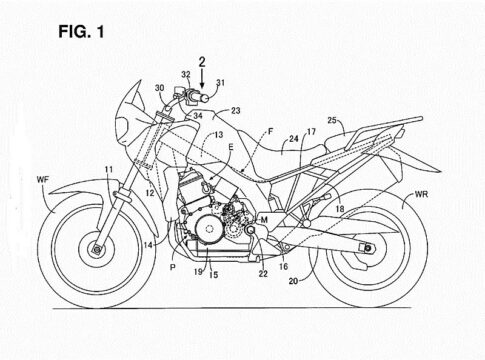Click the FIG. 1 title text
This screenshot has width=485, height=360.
coord(81,32)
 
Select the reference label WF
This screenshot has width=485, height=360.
coord(43,180)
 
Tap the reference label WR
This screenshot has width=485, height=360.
coord(421,194)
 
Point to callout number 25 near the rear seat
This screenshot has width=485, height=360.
coord(332,120)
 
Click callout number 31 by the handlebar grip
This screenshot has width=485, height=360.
coord(220,82)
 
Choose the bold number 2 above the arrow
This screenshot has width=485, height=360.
coord(202,62)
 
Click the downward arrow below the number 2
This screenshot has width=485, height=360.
coord(202,79)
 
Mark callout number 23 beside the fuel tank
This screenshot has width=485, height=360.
coord(236,110)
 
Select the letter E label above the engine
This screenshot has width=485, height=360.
coord(231,146)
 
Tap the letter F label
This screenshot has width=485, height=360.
coord(271,132)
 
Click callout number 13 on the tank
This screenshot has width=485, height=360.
coord(219,135)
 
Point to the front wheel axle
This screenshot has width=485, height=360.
coord(97,249)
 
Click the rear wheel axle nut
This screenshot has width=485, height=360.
coord(368,248)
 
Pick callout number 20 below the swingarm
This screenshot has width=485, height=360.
coord(293,281)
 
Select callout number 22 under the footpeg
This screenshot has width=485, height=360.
coord(263,274)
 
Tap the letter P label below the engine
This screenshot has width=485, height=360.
coord(173,267)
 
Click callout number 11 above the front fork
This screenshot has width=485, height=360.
coord(109,169)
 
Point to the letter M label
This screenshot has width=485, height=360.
coord(264,220)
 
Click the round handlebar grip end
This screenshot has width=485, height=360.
coord(204,98)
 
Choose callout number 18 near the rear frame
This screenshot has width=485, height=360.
coord(340,209)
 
